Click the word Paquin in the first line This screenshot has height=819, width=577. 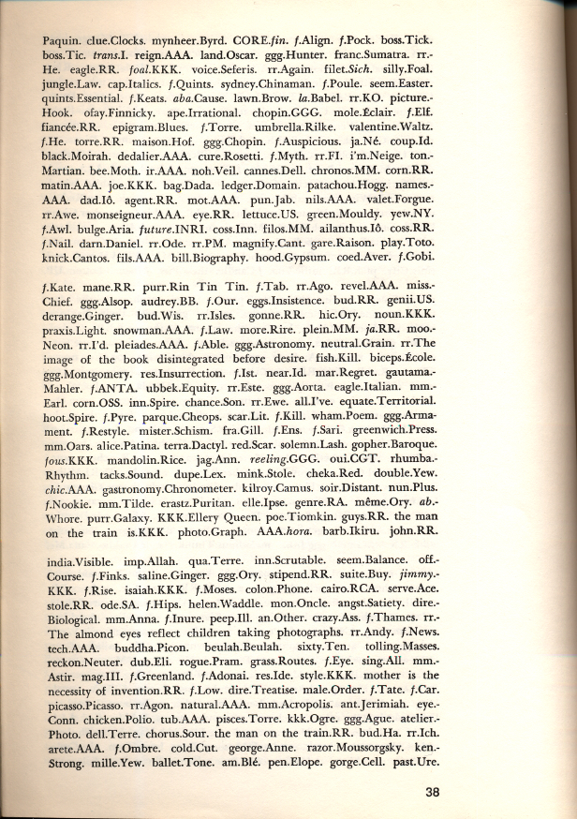[63, 40]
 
